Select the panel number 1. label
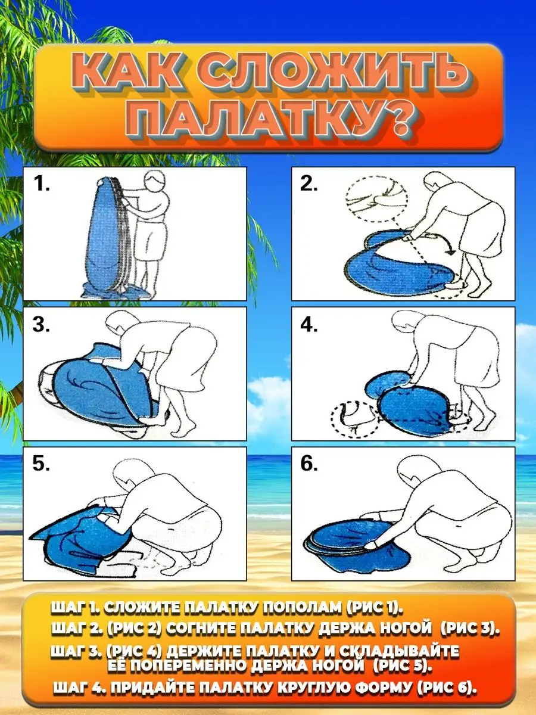coord(41,184)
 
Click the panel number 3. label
coord(41,325)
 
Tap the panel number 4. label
coord(309,325)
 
